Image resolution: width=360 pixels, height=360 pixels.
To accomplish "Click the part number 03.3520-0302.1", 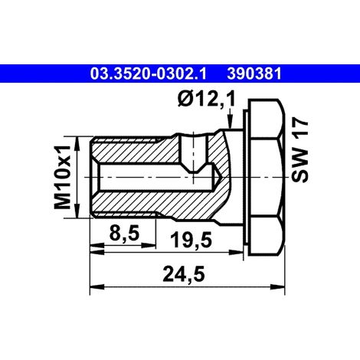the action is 148,74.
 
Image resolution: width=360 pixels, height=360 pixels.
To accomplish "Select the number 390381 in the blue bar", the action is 254,74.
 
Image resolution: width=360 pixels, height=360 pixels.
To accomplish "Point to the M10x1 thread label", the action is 62,177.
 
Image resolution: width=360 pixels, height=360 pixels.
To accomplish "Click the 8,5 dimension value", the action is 124,233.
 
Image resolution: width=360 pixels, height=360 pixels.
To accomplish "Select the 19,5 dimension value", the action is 191,240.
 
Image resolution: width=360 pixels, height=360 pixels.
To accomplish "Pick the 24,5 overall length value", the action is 184,274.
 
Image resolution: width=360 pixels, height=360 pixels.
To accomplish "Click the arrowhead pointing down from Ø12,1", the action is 231,121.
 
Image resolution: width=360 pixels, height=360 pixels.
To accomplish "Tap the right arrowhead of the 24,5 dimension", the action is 277,286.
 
